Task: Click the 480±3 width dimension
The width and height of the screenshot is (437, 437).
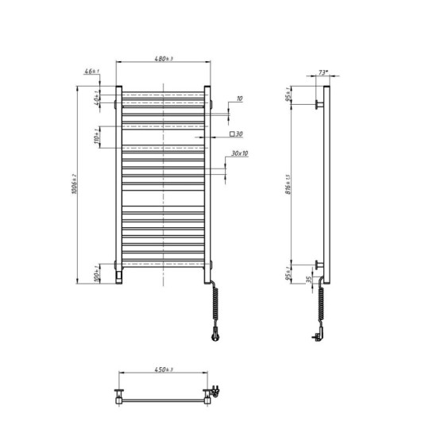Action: point(163,58)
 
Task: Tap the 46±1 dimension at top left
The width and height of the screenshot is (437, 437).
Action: point(93,72)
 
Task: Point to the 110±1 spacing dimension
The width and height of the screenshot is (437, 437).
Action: point(96,137)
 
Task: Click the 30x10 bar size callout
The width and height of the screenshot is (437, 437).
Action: point(238,153)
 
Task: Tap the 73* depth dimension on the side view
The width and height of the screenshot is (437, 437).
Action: point(322,72)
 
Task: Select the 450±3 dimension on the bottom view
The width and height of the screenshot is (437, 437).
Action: point(164,369)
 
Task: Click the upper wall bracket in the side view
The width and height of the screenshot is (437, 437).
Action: point(319,104)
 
